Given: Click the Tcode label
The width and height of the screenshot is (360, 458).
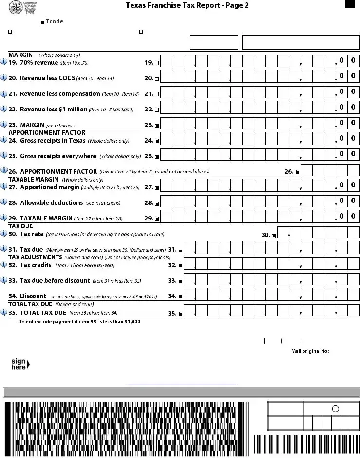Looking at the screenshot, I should click(x=54, y=21).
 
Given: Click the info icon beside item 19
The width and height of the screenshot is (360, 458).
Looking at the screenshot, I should click(x=4, y=62).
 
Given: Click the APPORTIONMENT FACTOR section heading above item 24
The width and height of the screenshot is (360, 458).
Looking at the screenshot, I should click(x=47, y=133).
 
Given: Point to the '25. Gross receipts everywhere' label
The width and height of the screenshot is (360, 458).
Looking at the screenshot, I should click(x=58, y=156).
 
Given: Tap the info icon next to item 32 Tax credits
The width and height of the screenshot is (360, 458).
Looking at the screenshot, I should click(x=4, y=265).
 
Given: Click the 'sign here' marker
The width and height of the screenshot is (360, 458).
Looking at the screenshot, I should click(x=20, y=364).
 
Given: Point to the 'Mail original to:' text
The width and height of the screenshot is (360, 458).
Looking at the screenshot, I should click(x=310, y=351).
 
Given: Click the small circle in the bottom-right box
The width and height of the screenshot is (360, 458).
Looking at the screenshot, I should click(x=335, y=409).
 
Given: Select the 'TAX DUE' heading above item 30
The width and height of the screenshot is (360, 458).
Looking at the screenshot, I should click(x=20, y=226).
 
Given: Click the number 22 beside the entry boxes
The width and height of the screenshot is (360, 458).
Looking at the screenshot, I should click(x=149, y=109).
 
